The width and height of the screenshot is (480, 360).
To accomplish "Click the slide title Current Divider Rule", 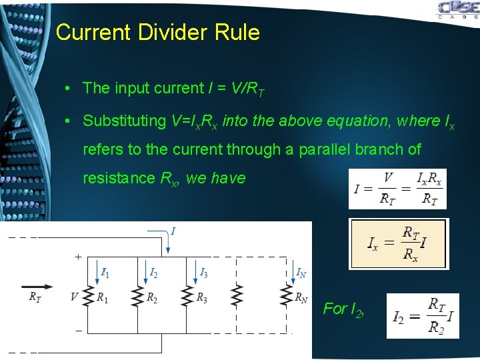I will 158,32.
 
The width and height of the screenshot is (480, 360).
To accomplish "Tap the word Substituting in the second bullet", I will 124,121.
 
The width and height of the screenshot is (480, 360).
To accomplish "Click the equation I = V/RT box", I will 397,189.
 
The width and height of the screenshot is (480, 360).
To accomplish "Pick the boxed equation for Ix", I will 399,243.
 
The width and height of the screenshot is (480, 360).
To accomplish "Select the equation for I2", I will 422,315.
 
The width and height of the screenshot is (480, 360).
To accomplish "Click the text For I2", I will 343,309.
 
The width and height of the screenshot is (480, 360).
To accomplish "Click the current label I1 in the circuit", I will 105,272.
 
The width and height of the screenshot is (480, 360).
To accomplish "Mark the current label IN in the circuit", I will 302,272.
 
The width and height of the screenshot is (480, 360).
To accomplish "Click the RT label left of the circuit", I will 35,298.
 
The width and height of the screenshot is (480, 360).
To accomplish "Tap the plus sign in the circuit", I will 78,256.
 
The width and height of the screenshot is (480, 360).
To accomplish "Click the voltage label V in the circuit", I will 74,296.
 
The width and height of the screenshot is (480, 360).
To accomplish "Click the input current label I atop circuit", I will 173,231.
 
